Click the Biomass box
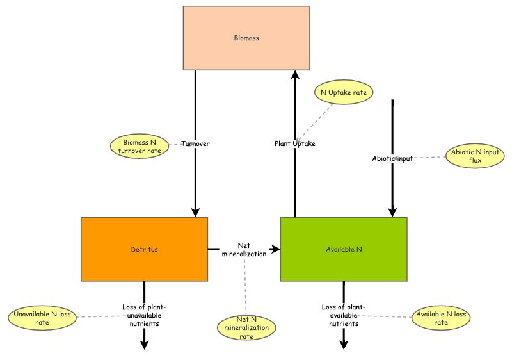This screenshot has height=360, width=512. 246,38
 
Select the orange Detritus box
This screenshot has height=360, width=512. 144,249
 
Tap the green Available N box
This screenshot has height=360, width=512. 344,249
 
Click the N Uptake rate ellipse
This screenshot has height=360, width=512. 344,92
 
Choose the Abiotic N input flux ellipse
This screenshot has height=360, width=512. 475,157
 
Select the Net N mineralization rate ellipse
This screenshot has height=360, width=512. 246,328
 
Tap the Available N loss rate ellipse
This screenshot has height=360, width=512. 442,318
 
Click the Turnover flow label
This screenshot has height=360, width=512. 195,143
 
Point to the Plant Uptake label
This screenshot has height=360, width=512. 295,143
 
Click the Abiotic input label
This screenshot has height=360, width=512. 392,158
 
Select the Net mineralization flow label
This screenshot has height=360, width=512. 244,249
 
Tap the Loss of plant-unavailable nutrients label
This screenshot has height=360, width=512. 144,315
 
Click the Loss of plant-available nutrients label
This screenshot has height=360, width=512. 344,315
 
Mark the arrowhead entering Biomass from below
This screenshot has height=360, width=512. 295,76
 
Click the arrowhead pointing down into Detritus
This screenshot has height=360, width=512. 195,211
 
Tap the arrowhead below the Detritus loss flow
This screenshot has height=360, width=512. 144,344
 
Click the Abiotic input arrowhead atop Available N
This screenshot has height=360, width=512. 392,211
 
